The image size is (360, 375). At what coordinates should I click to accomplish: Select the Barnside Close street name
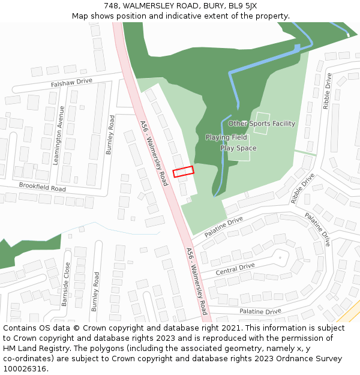65,284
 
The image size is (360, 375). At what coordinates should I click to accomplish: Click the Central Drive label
235,269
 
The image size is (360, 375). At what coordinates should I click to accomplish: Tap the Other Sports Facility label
262,124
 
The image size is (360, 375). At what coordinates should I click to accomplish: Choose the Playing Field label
226,137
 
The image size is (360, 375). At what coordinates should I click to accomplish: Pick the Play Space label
238,148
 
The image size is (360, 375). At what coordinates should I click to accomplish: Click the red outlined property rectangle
184,172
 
